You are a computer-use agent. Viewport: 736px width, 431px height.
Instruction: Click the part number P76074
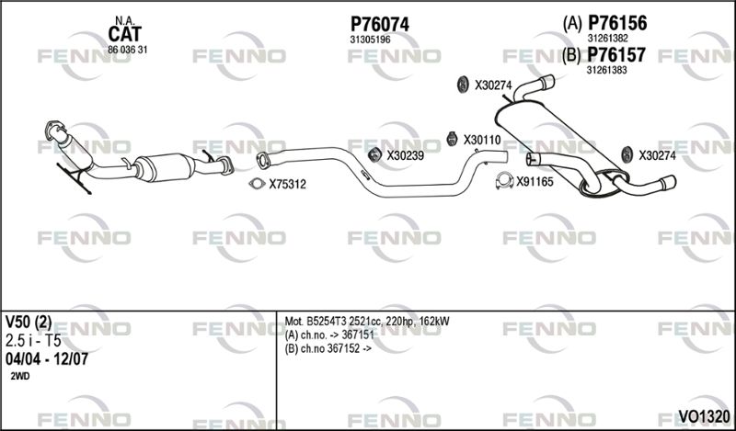pos(380,25)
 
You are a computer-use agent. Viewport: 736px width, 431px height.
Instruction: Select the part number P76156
pos(617,23)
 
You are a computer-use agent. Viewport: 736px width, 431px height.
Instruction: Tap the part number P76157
pos(616,55)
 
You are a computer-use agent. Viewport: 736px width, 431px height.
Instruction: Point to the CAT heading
pos(124,34)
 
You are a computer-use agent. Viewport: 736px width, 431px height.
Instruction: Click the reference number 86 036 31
pos(127,50)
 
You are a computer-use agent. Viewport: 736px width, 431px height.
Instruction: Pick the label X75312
pos(287,185)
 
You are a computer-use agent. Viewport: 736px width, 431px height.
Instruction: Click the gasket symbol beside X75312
pos(257,184)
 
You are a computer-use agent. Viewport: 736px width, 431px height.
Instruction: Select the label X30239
pos(405,155)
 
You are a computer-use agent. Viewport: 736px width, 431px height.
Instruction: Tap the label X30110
pos(482,141)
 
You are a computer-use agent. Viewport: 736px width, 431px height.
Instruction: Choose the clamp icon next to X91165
pos(504,180)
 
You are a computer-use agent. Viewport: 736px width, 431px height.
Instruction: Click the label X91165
pos(535,182)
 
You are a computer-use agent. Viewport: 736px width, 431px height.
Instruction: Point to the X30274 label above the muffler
pos(493,85)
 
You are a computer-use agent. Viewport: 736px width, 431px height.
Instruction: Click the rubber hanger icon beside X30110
pos(452,139)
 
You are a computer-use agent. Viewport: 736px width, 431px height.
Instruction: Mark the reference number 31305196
pos(370,40)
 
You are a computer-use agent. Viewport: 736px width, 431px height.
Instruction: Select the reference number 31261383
pos(606,70)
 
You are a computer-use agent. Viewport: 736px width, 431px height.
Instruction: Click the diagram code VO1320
pos(704,416)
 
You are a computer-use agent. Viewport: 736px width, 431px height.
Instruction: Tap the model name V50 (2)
pos(29,322)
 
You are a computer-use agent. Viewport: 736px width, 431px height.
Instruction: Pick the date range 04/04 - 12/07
pos(47,359)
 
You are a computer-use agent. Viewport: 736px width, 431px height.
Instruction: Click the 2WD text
pos(19,376)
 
